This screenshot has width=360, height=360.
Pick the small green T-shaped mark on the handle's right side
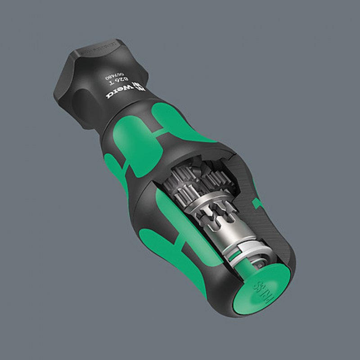[258, 203]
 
